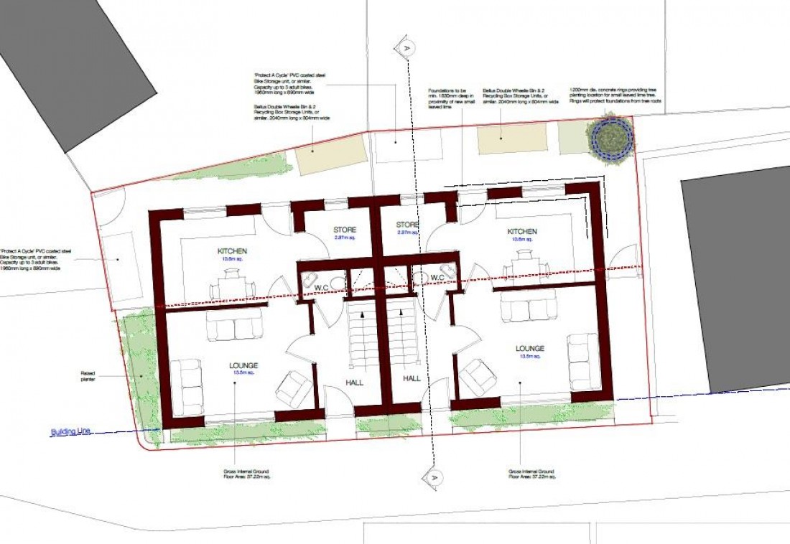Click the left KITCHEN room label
[233, 250]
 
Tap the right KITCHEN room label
[522, 231]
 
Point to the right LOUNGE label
[530, 348]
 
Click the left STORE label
[345, 230]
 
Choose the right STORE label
[407, 225]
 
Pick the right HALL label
[412, 378]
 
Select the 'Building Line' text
[70, 432]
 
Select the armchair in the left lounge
[294, 388]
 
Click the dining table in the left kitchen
[232, 281]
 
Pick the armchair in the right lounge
[476, 377]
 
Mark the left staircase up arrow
[362, 316]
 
